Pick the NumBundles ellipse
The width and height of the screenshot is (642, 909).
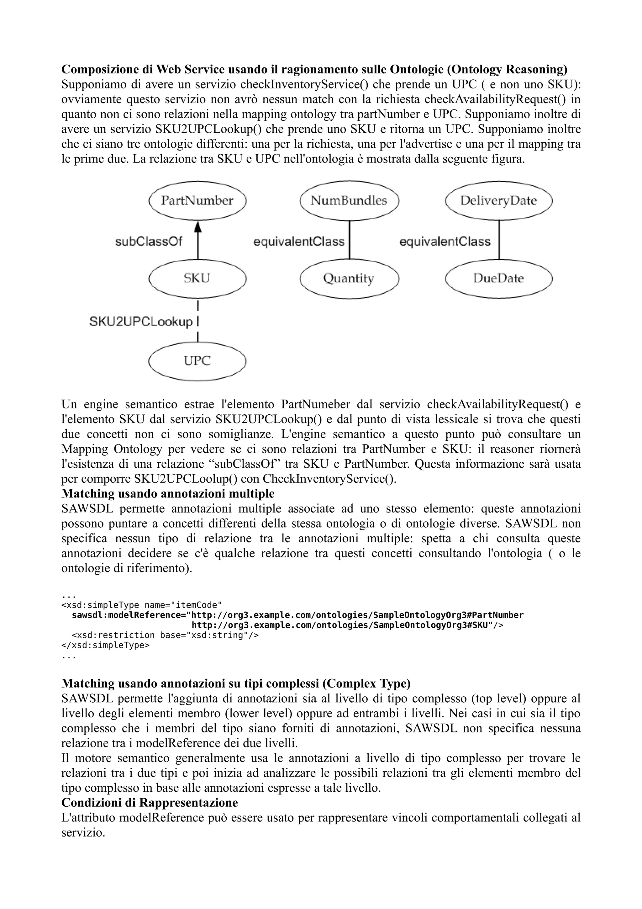(x=349, y=201)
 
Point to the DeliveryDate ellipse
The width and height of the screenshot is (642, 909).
(x=498, y=201)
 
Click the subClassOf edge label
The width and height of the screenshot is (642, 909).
(x=149, y=242)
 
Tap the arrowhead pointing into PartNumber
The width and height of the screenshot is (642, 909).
(x=198, y=226)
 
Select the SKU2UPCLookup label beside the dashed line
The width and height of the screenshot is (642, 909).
(x=141, y=322)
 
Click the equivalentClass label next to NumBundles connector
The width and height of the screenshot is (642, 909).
(x=299, y=242)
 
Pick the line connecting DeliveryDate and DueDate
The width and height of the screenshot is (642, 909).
(x=498, y=240)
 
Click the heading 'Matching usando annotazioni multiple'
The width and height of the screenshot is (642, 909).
(x=168, y=494)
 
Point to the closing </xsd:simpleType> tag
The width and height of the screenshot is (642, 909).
(x=105, y=645)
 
